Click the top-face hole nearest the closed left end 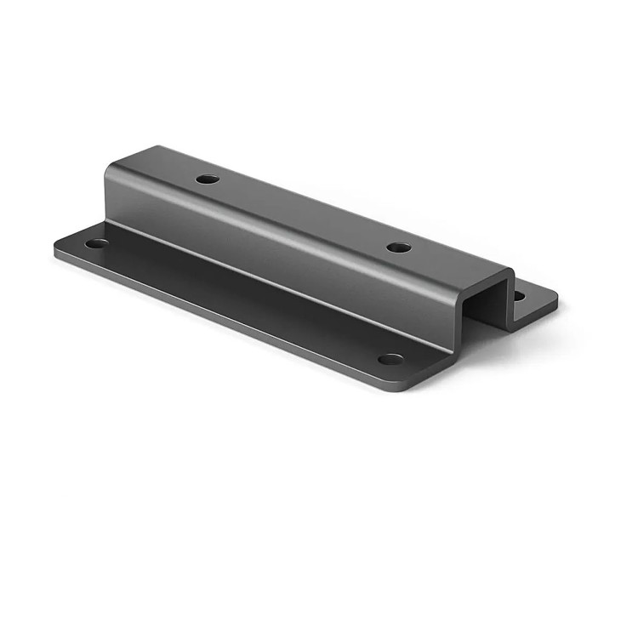tap(207, 179)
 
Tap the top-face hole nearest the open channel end tap(398, 248)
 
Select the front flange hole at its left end tap(97, 243)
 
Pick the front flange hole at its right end tap(390, 359)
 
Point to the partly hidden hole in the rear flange tap(518, 296)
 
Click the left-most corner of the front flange tap(57, 248)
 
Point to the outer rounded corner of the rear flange tap(554, 299)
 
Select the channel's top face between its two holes tap(302, 213)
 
